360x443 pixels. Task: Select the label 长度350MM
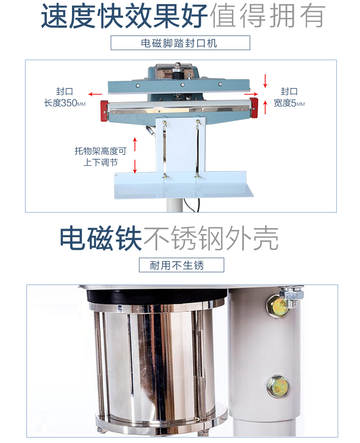point(64,103)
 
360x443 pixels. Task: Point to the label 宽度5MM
point(289,103)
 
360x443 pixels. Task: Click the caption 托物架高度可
point(100,151)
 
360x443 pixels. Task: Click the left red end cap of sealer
point(104,111)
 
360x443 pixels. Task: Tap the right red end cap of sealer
point(254,108)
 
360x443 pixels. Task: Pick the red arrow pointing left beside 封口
point(95,94)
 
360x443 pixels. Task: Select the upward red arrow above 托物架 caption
point(135,144)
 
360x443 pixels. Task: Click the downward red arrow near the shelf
point(135,166)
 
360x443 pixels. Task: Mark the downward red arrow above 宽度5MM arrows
point(265,81)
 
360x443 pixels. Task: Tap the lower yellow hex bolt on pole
point(278,386)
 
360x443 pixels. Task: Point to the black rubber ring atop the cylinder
point(157,297)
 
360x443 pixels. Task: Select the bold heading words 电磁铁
point(101,238)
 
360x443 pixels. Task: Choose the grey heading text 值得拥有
point(267,16)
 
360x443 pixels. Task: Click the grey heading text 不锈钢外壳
point(211,238)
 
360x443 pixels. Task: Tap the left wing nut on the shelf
point(165,177)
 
